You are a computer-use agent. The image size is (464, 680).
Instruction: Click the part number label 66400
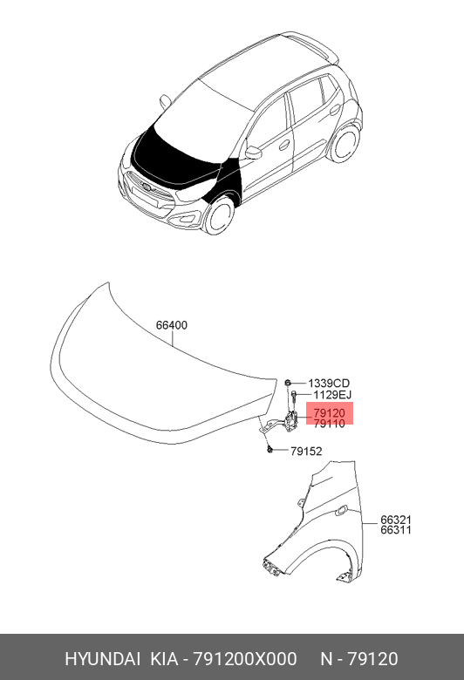pyautogui.click(x=172, y=325)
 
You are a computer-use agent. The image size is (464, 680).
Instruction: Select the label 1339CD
pyautogui.click(x=329, y=384)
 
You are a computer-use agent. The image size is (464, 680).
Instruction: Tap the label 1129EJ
pyautogui.click(x=332, y=395)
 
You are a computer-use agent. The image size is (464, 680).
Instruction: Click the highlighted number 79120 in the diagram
pyautogui.click(x=329, y=413)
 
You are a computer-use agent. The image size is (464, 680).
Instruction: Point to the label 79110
pyautogui.click(x=329, y=424)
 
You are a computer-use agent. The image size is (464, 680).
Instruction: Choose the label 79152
pyautogui.click(x=306, y=452)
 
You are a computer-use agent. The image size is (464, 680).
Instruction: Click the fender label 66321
pyautogui.click(x=396, y=520)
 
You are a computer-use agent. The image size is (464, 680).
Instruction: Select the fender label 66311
pyautogui.click(x=396, y=529)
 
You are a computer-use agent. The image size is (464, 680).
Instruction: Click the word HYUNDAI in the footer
pyautogui.click(x=102, y=659)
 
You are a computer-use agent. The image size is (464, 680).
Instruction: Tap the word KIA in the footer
pyautogui.click(x=164, y=659)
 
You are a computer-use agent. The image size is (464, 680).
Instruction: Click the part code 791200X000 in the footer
pyautogui.click(x=245, y=659)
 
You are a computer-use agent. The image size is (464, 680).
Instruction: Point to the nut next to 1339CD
pyautogui.click(x=287, y=383)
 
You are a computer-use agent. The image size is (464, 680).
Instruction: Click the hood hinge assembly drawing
pyautogui.click(x=281, y=423)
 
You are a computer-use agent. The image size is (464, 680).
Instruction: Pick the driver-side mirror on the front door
pyautogui.click(x=253, y=153)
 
